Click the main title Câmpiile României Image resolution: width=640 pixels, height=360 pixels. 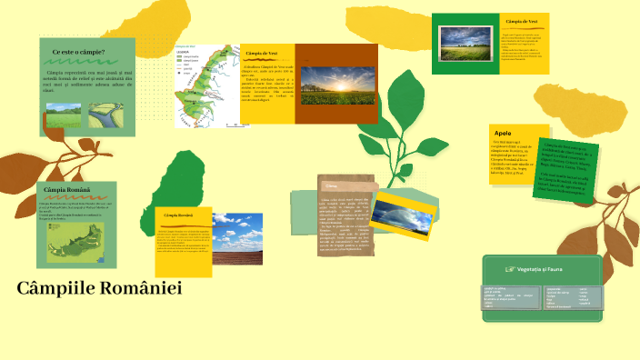tap(99, 289)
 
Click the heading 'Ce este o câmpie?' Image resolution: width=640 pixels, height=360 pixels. tap(78, 53)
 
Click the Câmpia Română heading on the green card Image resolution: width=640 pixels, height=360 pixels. tap(68, 189)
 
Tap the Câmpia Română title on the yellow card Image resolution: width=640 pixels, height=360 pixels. tap(178, 215)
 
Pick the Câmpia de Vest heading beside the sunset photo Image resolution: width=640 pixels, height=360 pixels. tap(268, 54)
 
